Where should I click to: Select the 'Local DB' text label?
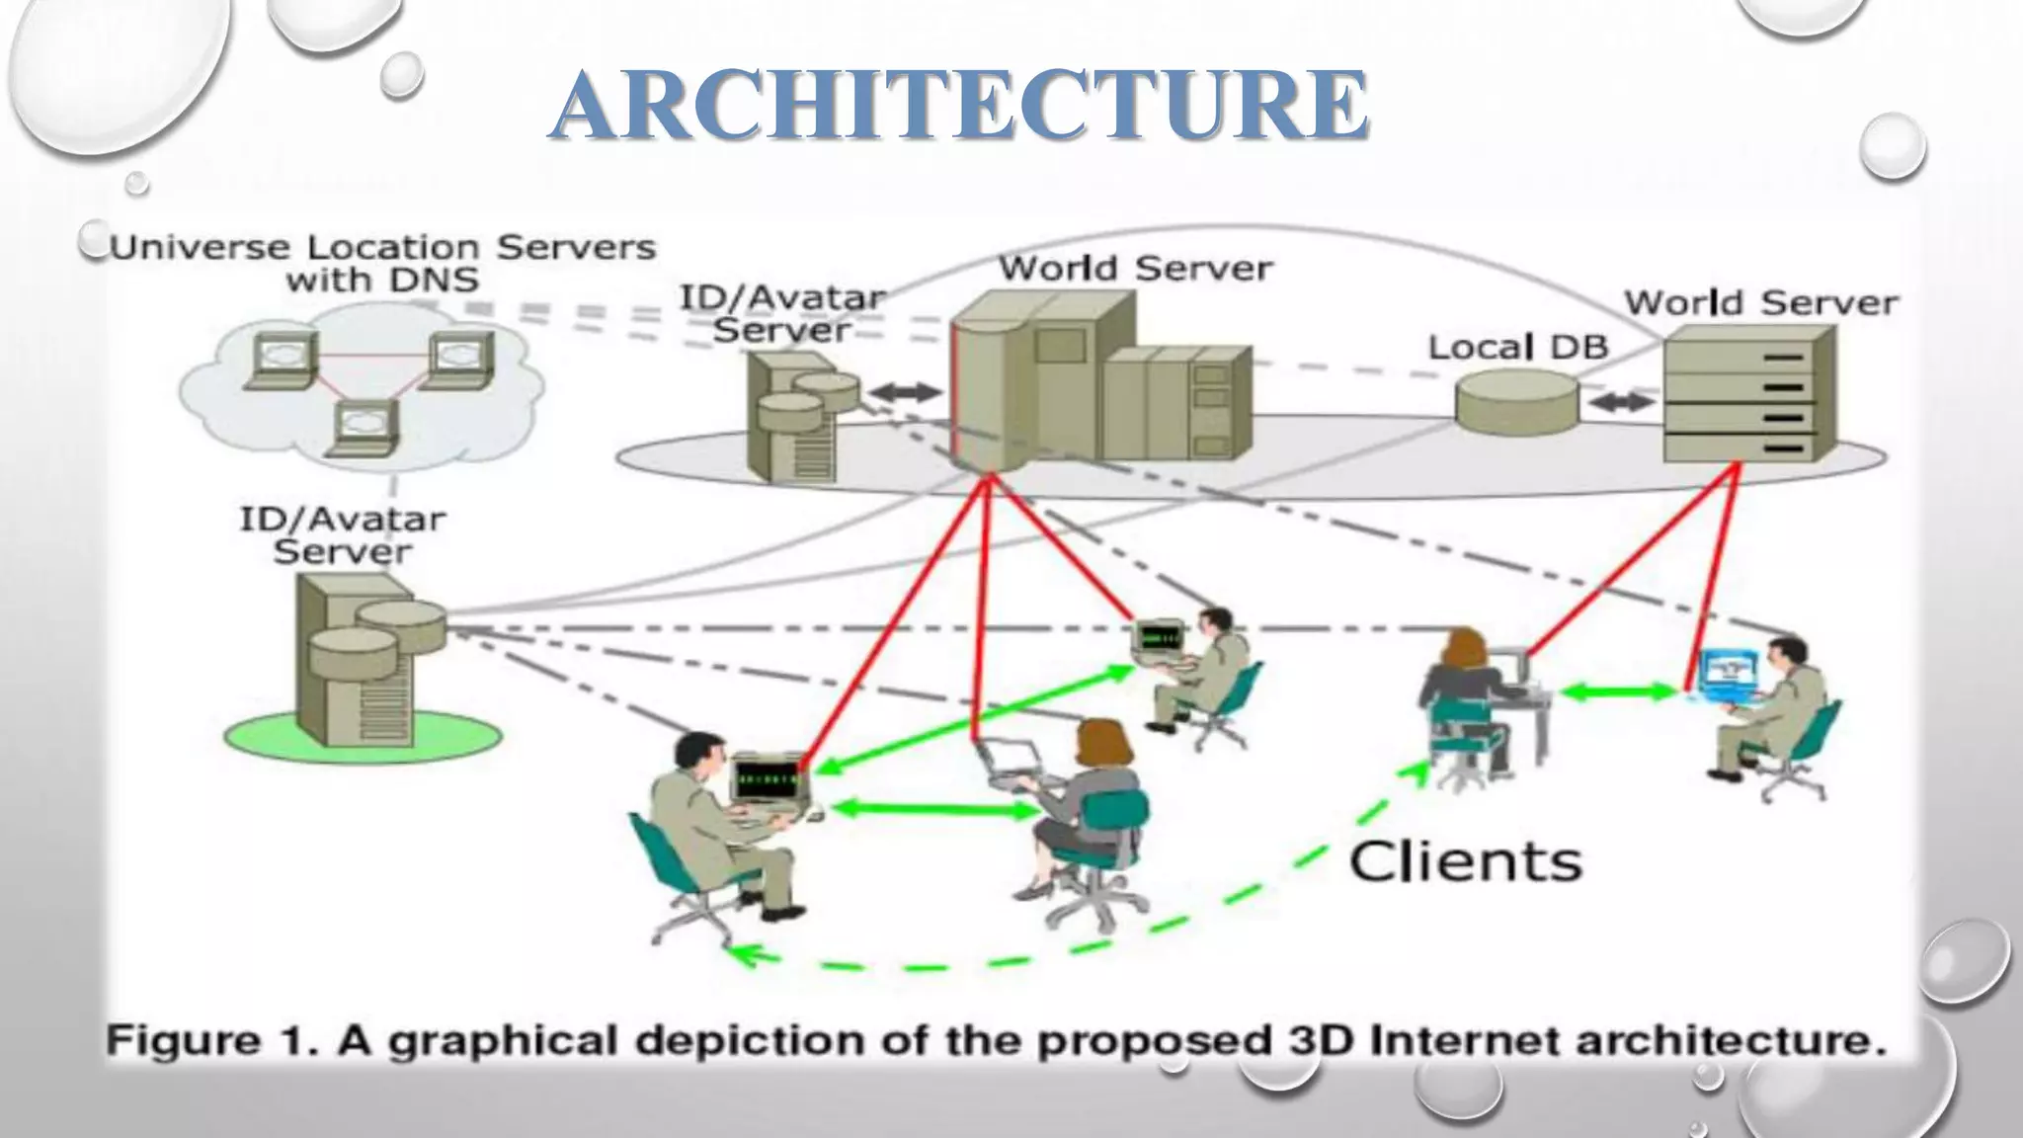(x=1517, y=347)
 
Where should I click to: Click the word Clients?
(x=1465, y=861)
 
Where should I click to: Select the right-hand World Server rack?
(x=1748, y=395)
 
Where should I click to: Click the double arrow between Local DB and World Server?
(x=1621, y=402)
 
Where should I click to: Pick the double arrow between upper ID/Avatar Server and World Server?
(x=905, y=392)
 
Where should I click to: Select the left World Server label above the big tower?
(x=1135, y=268)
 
